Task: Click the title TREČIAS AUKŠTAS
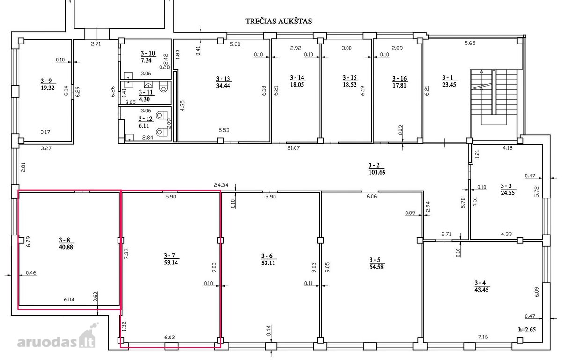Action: (279, 21)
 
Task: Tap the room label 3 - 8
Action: (65, 240)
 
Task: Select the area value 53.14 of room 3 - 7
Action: (171, 263)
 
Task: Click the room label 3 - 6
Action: (266, 256)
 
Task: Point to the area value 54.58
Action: (377, 267)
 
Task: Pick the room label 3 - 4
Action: (480, 283)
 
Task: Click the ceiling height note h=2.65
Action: (527, 329)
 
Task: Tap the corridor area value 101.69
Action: (377, 172)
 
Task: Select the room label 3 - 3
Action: (506, 186)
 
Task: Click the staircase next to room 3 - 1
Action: (494, 97)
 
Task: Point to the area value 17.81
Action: (399, 85)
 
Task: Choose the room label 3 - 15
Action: (350, 78)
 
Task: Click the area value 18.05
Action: (297, 85)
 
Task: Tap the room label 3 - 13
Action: (223, 79)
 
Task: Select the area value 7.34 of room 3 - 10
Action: (146, 60)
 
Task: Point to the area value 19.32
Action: (47, 88)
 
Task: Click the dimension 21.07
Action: (293, 148)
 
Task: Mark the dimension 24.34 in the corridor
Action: (221, 185)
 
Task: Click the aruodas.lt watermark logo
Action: (56, 338)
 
